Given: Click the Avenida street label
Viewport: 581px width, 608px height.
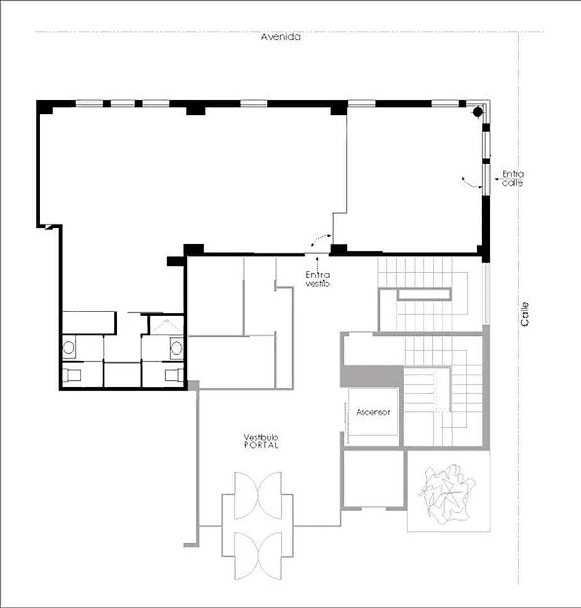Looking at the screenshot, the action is coord(281,37).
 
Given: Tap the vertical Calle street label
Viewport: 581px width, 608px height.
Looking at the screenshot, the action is coord(525,314).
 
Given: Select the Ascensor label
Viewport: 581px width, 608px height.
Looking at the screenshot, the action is coord(373,412).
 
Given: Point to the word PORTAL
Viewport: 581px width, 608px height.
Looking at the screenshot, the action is coord(261,445).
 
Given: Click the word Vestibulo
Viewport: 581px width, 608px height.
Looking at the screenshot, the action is coord(261,437).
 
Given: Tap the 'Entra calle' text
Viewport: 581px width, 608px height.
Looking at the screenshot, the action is coord(513,179).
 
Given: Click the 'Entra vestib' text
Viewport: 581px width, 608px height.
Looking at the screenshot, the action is coord(318,279).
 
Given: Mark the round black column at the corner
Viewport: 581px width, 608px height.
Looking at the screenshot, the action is coord(477,112).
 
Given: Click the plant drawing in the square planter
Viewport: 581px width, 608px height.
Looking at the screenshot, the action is coord(447,493).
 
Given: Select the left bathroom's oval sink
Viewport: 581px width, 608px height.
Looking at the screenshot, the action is coord(69,348).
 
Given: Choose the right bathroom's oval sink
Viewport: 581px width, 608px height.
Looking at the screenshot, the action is coord(176,348).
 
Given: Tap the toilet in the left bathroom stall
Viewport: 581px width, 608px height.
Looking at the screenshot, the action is coord(72,375).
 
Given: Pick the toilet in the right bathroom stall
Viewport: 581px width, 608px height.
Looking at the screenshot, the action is coord(174,375).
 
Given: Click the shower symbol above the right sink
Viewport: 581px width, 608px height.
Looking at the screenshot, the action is coord(167,326).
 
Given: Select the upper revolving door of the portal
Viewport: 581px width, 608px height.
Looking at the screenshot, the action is coord(258,495).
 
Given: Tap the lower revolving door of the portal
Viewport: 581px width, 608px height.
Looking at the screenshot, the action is coord(258,556).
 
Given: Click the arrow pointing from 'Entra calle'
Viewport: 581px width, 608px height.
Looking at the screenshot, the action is coord(498,179).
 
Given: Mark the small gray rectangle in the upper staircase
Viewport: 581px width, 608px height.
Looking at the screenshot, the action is coord(424,294).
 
